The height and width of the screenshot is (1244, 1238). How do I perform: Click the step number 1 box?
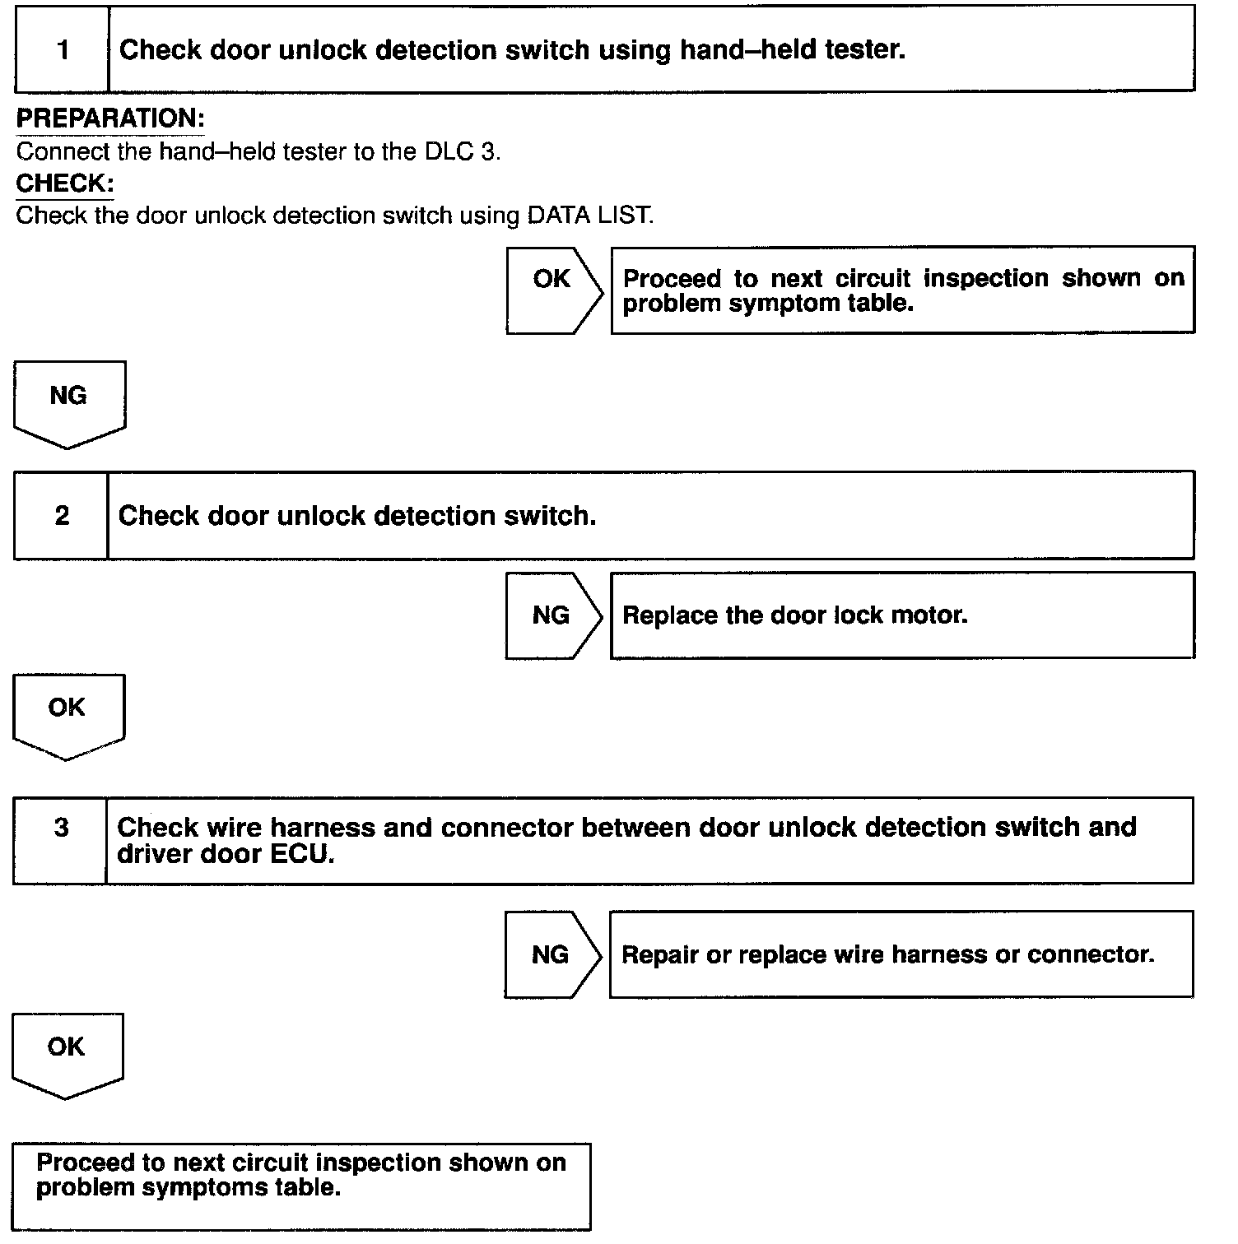pyautogui.click(x=63, y=49)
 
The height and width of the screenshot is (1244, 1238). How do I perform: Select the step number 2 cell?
pyautogui.click(x=62, y=516)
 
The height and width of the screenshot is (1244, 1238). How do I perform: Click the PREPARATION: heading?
pyautogui.click(x=110, y=118)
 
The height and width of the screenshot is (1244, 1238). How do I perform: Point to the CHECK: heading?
pyautogui.click(x=65, y=183)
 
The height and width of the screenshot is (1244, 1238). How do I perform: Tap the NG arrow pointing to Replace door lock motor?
pyautogui.click(x=552, y=615)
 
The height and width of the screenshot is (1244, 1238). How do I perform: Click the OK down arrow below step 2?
pyautogui.click(x=68, y=714)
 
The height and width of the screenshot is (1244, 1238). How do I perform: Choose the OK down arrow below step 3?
pyautogui.click(x=67, y=1053)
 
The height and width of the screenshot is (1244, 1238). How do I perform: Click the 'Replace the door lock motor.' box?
pyautogui.click(x=901, y=615)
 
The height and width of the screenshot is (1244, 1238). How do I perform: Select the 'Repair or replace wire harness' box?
pyautogui.click(x=901, y=954)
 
